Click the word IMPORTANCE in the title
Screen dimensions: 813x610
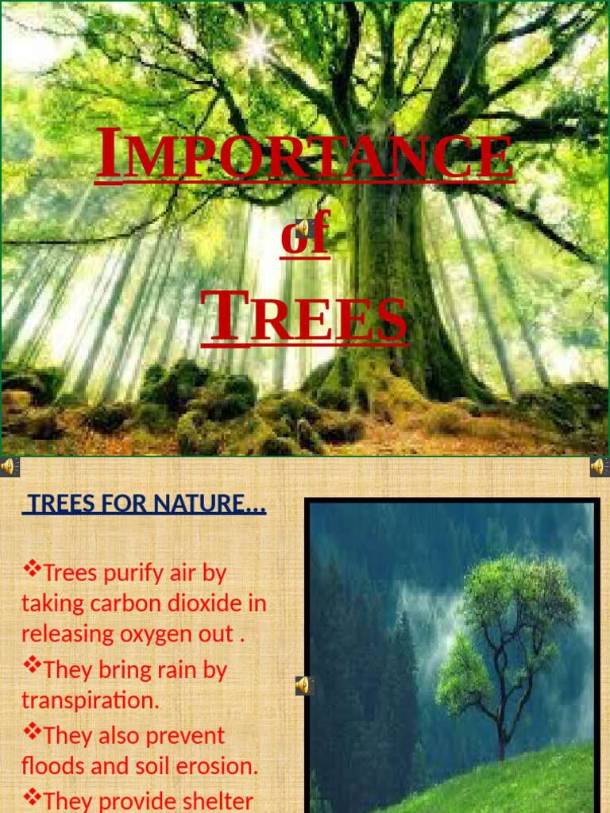[x=305, y=156]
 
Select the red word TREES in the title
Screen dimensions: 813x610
[x=305, y=317]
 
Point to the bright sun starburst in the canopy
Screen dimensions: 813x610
[x=257, y=46]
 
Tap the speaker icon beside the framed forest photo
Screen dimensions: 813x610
[x=303, y=685]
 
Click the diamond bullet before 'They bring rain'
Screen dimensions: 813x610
[x=32, y=666]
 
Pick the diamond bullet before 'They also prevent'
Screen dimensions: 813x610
[x=32, y=732]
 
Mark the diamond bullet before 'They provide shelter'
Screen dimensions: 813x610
[x=32, y=796]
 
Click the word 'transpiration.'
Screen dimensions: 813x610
[x=90, y=700]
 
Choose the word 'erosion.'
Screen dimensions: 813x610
[x=219, y=767]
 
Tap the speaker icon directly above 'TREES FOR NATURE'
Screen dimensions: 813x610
[x=9, y=467]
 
